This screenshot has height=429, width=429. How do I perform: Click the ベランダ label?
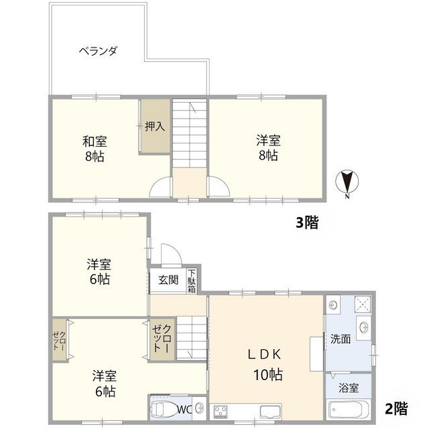point(98,50)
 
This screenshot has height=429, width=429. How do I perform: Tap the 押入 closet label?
point(155,125)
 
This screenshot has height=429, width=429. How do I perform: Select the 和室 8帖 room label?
point(95,149)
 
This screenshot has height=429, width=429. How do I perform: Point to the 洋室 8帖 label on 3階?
point(267,148)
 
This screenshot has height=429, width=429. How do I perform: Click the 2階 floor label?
point(396,408)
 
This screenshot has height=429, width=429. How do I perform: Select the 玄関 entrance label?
point(168,280)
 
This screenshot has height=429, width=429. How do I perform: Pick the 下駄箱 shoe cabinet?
point(192,280)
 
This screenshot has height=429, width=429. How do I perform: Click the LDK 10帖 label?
point(266,365)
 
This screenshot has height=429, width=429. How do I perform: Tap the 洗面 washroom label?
point(341,339)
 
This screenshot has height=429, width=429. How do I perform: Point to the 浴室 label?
point(349,387)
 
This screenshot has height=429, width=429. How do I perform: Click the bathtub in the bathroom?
point(348,409)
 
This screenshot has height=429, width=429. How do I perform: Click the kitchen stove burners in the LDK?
point(222,410)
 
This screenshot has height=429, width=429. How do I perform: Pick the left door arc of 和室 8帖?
point(162,187)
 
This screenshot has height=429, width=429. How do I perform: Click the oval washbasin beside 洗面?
point(363,328)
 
